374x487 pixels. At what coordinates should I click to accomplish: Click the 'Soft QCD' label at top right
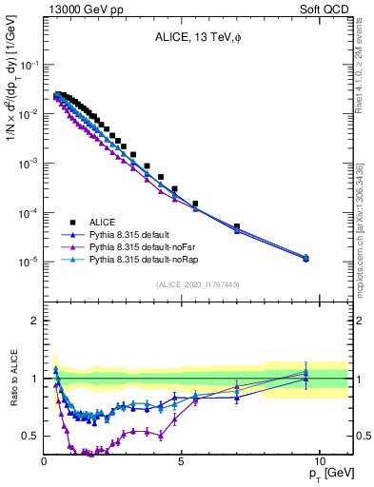click(x=328, y=9)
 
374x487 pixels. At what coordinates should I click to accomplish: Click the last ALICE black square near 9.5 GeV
click(x=305, y=258)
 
